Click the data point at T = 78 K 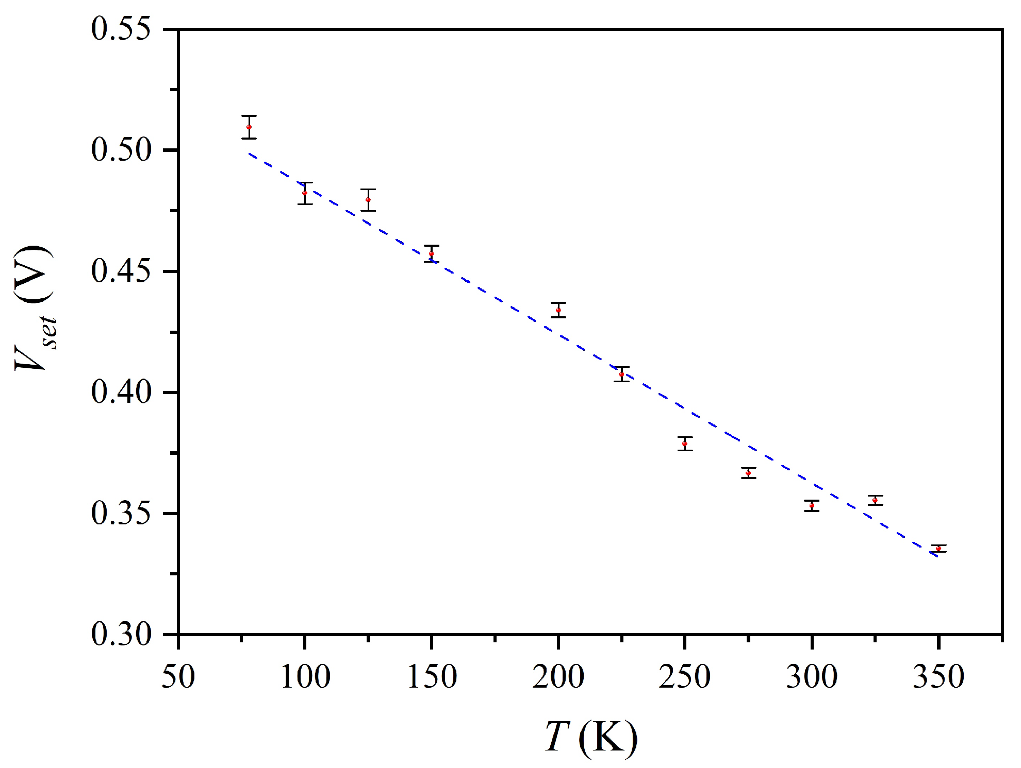click(x=249, y=127)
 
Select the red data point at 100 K click(x=305, y=193)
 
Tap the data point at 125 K click(x=368, y=200)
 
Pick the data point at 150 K click(x=432, y=254)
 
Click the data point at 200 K click(x=558, y=310)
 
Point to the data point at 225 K click(x=622, y=374)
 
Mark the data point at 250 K click(x=685, y=444)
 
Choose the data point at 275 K click(x=748, y=473)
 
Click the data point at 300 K click(x=812, y=505)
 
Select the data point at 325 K click(x=875, y=500)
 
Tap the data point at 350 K click(x=938, y=549)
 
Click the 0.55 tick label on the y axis click(x=121, y=29)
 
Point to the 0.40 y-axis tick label click(x=121, y=392)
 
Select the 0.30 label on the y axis click(x=121, y=634)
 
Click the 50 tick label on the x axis click(x=178, y=677)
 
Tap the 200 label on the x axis click(x=558, y=677)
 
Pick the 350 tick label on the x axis click(x=938, y=677)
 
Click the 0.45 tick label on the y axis click(x=121, y=271)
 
